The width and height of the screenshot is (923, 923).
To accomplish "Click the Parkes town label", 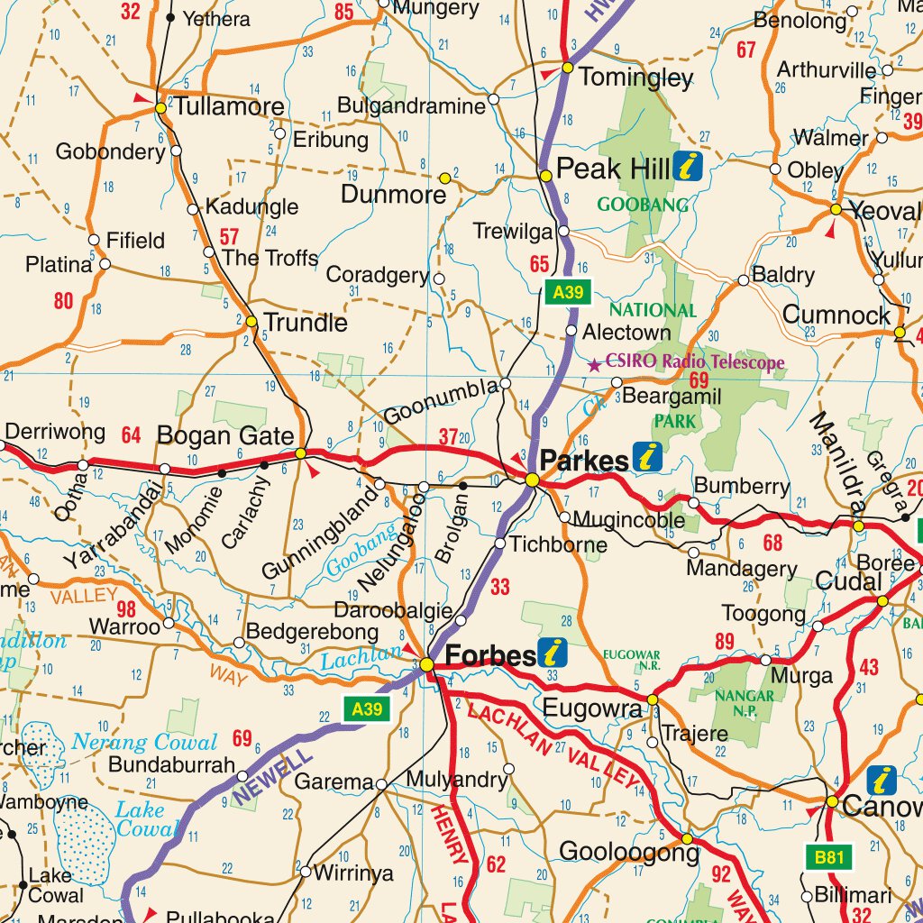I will (x=583, y=461).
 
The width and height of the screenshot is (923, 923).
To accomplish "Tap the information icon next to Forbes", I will (x=553, y=653).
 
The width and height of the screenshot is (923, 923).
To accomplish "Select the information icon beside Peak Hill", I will (x=688, y=167).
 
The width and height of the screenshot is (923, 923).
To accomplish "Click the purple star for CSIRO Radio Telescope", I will (x=594, y=365).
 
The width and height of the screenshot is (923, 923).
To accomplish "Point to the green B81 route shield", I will (x=827, y=857).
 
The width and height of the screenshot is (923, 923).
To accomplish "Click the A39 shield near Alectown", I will (x=569, y=291).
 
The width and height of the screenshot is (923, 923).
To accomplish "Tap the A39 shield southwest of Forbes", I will (x=367, y=709).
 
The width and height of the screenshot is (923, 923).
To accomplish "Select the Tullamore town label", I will (x=229, y=106).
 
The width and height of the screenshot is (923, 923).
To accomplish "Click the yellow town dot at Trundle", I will (x=251, y=321).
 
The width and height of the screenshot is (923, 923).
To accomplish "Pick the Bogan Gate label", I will (x=225, y=436).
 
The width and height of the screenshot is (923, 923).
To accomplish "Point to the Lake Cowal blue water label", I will (x=146, y=819).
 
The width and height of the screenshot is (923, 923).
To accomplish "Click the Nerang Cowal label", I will (x=144, y=743).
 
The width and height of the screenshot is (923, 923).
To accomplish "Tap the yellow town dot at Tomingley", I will (x=568, y=68).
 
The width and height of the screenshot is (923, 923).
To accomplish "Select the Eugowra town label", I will (x=591, y=708).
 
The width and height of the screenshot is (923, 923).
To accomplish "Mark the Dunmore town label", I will (x=393, y=194).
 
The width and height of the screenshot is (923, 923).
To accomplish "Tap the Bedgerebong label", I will (x=312, y=632).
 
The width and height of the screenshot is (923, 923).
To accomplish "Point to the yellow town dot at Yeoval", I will (x=836, y=209).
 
